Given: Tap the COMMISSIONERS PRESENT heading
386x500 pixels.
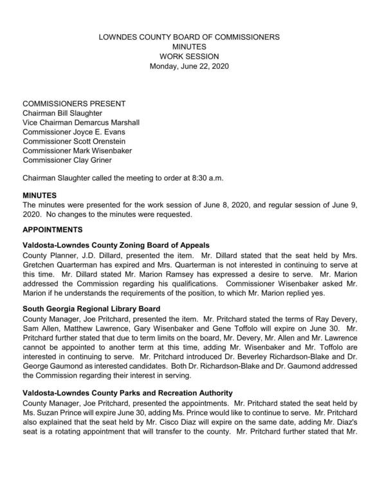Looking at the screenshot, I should coord(74,103).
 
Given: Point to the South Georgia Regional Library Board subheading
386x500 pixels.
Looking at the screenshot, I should coord(100,309).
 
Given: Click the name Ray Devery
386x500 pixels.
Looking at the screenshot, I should coord(355,319).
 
